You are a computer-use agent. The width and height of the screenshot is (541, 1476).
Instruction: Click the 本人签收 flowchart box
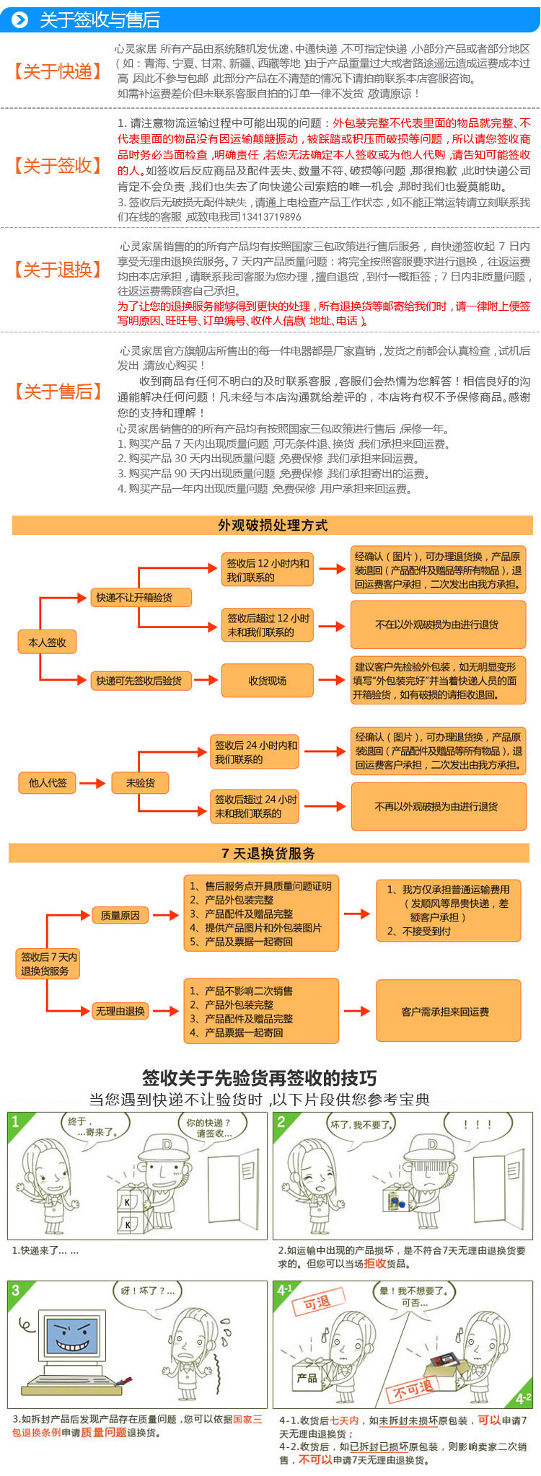(47, 642)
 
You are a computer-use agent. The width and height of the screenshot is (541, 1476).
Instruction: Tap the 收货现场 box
(267, 680)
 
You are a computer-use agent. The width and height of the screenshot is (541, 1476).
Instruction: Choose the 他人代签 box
(47, 782)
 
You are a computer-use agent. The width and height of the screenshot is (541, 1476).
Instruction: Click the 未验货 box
(140, 782)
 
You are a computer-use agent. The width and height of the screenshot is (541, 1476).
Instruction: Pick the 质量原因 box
(120, 915)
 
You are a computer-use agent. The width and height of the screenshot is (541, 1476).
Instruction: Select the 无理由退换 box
(120, 1011)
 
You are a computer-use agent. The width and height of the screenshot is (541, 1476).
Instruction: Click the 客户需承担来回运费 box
(448, 1011)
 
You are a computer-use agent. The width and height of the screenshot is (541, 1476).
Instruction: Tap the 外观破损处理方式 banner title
(273, 525)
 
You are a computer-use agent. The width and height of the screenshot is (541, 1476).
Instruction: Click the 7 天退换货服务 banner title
(268, 853)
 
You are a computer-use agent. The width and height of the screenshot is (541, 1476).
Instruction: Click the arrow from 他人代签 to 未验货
(92, 782)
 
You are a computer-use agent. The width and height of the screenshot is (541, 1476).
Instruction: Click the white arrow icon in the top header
(19, 19)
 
